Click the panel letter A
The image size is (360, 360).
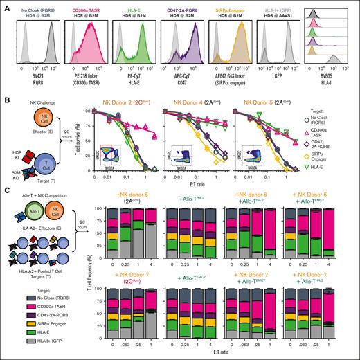pos(5,6)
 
